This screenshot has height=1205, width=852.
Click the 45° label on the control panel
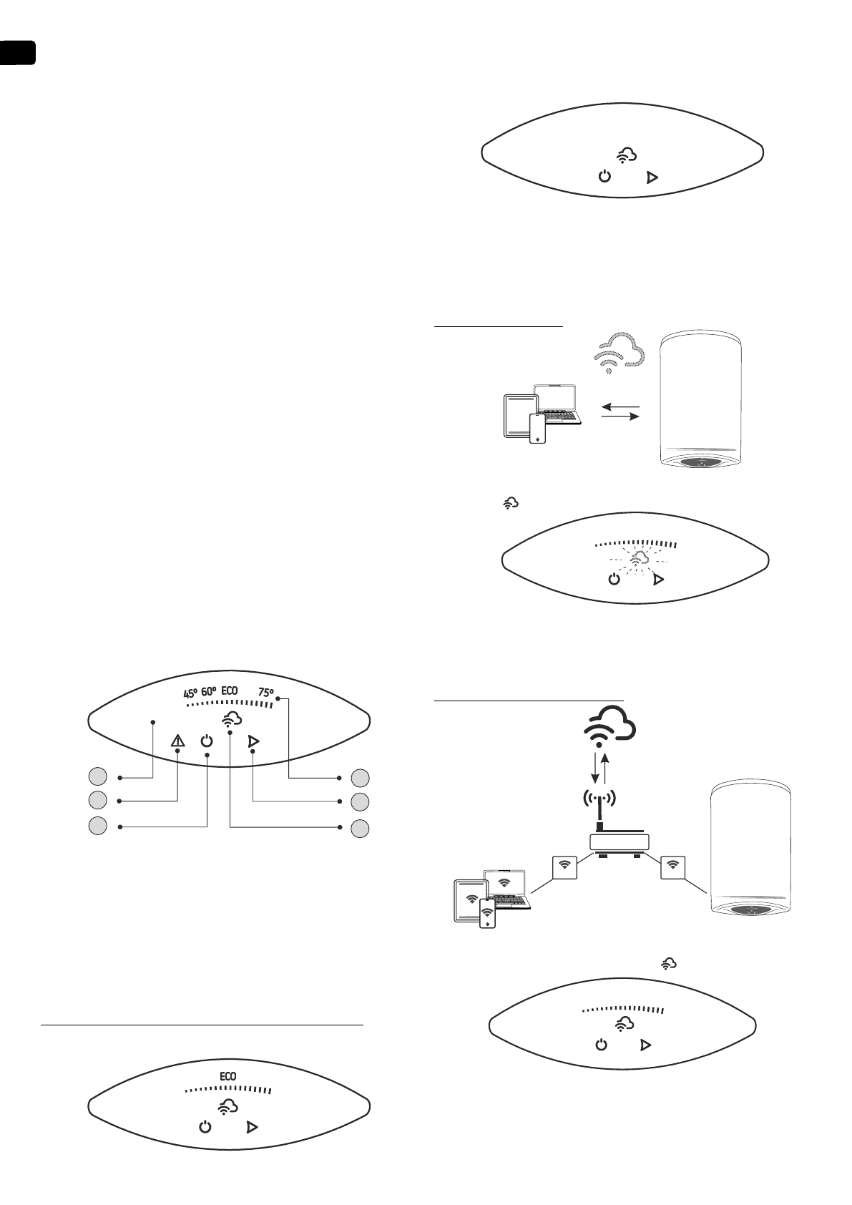[190, 693]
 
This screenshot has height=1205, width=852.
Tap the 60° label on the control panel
[209, 692]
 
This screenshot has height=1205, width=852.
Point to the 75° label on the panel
[265, 693]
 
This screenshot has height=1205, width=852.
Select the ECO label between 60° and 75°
[230, 691]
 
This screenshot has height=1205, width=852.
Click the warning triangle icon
[177, 741]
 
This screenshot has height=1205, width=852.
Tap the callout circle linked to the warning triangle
[99, 800]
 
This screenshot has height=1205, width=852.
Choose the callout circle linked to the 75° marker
[361, 777]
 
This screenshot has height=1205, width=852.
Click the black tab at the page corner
[17, 53]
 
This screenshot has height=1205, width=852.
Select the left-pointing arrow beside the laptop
[620, 406]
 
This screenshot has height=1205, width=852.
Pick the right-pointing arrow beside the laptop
[620, 418]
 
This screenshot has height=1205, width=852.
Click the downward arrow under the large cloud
[593, 768]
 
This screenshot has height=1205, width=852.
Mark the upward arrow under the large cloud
[607, 768]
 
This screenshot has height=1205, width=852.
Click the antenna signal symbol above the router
[599, 797]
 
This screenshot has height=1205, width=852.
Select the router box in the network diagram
[620, 842]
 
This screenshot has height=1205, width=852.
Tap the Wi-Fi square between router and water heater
[672, 866]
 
